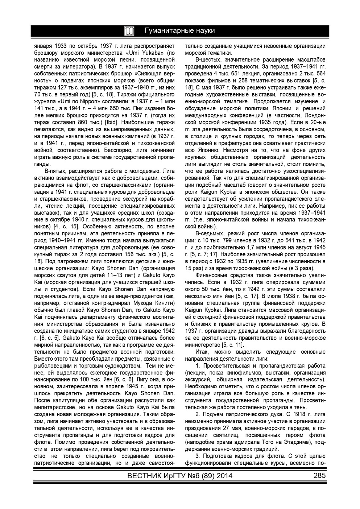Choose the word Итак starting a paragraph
tap(201, 352)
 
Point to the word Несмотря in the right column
tap(229, 149)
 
